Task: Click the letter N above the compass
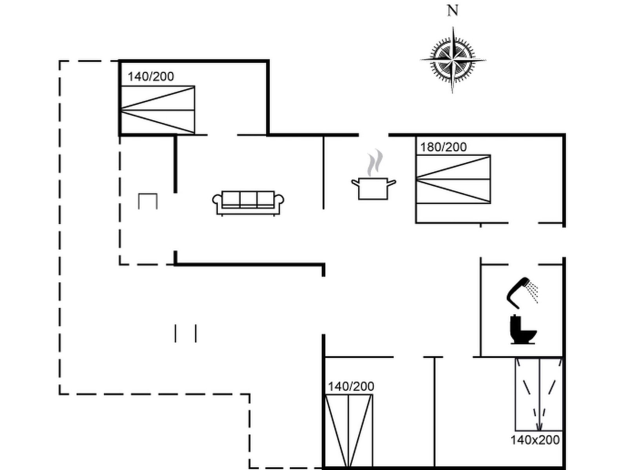(x=453, y=11)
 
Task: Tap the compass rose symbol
(x=453, y=60)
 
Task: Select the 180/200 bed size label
(x=443, y=147)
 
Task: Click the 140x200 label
(x=535, y=440)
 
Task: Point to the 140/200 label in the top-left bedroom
(x=150, y=77)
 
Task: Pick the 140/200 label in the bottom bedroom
(x=351, y=387)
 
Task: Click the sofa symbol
(x=248, y=203)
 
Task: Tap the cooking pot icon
(x=373, y=188)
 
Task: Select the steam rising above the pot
(x=374, y=163)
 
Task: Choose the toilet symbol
(x=523, y=330)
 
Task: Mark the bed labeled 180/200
(x=453, y=179)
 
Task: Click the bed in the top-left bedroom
(x=158, y=110)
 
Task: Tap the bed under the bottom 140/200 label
(x=349, y=431)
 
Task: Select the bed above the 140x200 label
(x=539, y=394)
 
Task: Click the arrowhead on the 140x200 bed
(x=539, y=427)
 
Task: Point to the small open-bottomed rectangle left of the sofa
(x=148, y=201)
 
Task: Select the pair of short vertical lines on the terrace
(x=185, y=333)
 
